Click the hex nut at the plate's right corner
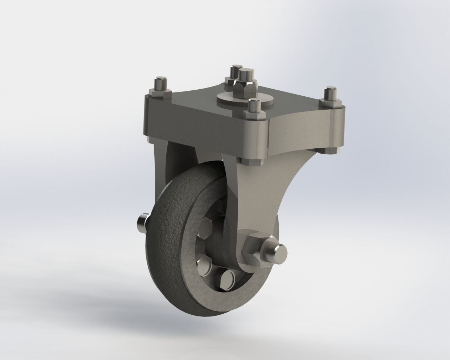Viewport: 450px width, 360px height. point(330,103)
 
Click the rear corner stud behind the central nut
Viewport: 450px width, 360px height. point(235,72)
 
